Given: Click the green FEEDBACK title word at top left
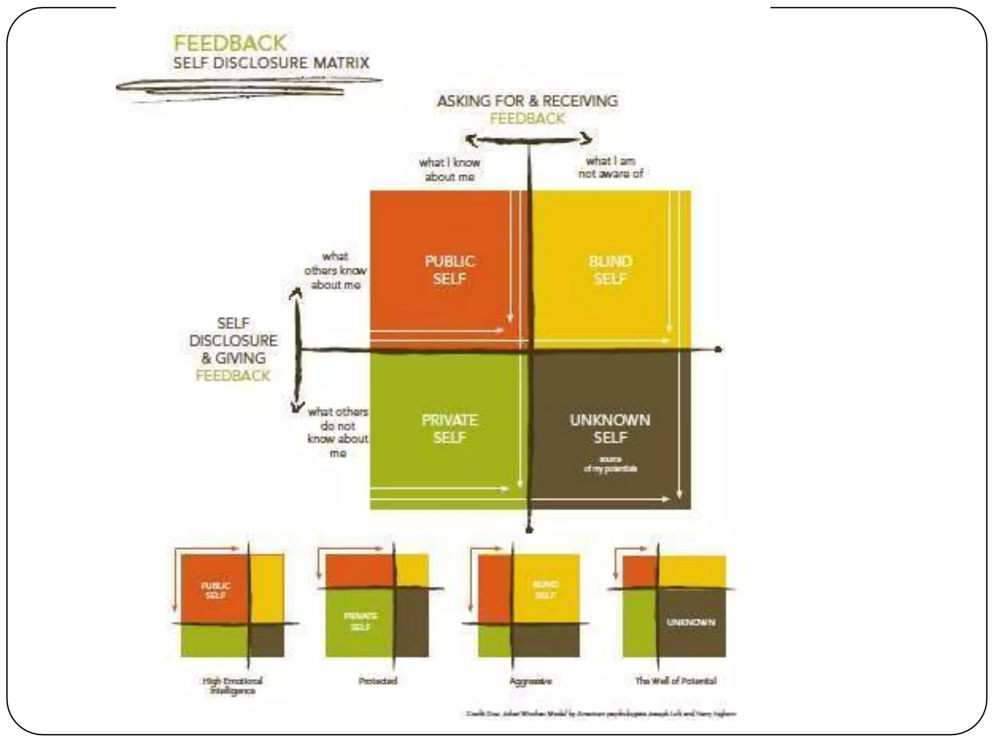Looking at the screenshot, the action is (230, 43).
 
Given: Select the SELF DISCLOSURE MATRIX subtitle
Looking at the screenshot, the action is (271, 63).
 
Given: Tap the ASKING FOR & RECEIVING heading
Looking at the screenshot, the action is (527, 101).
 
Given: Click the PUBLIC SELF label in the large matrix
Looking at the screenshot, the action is (449, 270).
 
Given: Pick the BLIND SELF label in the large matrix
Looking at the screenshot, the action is (610, 270).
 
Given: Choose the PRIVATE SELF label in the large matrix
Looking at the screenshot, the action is (449, 429).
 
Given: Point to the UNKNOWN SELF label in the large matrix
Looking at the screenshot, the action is (610, 429).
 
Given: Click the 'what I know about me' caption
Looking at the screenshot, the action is (449, 169).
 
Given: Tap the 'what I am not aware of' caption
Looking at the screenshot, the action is (611, 167).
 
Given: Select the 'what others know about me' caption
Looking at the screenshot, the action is (335, 270).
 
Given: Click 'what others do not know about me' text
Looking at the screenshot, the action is (338, 432).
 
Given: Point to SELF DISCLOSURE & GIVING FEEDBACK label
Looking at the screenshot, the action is (233, 349).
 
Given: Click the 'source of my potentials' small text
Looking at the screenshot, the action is (610, 464).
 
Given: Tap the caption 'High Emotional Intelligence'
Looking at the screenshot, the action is (232, 685).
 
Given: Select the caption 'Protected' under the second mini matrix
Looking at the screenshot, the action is (378, 681).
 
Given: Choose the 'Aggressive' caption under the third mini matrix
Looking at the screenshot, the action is (530, 681).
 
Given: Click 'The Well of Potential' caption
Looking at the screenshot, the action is (676, 681).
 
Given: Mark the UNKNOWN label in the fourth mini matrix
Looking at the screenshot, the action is (691, 622).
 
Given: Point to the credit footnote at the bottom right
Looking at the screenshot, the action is (601, 714).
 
